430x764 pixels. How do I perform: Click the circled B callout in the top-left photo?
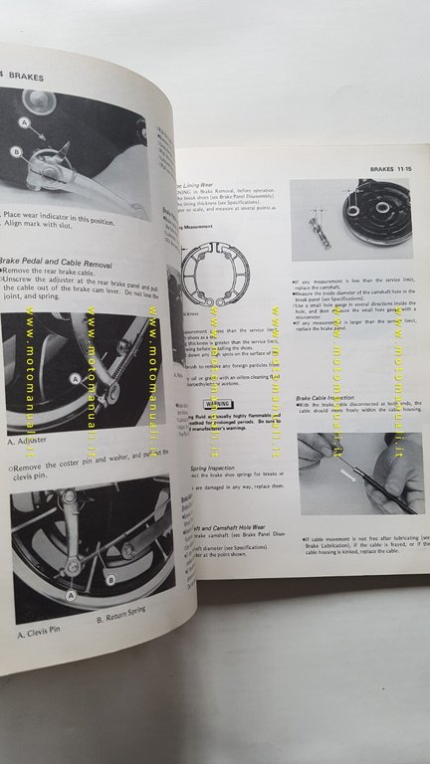[16, 151]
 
